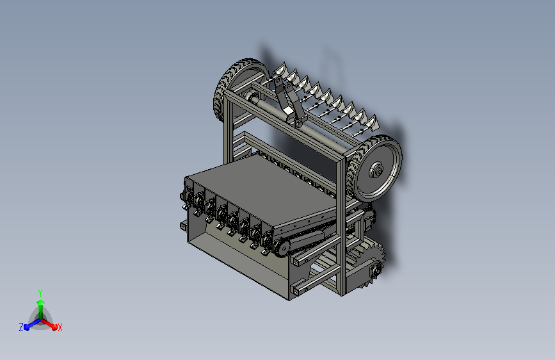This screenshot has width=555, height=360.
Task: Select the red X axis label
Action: [x=60, y=328]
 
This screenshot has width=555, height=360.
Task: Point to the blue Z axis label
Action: [x=21, y=327]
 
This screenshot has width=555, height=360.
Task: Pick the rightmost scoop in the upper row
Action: [x=372, y=123]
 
